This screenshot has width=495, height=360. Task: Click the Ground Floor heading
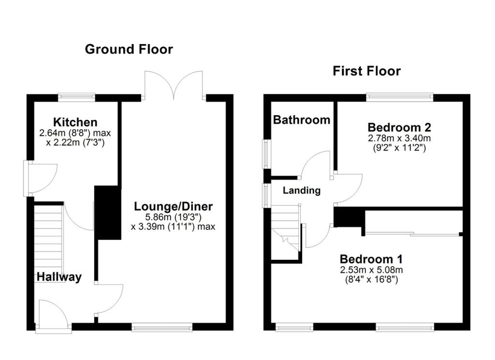click(129, 49)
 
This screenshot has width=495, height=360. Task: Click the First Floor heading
click(366, 71)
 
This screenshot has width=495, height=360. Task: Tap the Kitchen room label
click(75, 122)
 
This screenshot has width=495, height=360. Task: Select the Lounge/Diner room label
click(173, 207)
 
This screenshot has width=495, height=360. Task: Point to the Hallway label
click(59, 277)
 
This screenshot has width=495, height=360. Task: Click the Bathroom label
click(302, 120)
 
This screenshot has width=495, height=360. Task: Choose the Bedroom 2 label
click(399, 127)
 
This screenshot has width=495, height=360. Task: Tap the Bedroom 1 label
click(371, 258)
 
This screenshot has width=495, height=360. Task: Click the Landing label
click(302, 190)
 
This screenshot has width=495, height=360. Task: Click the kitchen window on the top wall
click(76, 97)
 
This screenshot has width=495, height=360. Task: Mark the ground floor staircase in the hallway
click(48, 237)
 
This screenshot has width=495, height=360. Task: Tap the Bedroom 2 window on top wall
click(399, 97)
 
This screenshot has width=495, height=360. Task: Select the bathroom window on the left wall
click(266, 154)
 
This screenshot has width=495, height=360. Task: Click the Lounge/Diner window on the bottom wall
click(162, 327)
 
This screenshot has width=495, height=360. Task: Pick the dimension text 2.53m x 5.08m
click(371, 270)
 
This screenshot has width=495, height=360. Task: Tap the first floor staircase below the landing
click(285, 232)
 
